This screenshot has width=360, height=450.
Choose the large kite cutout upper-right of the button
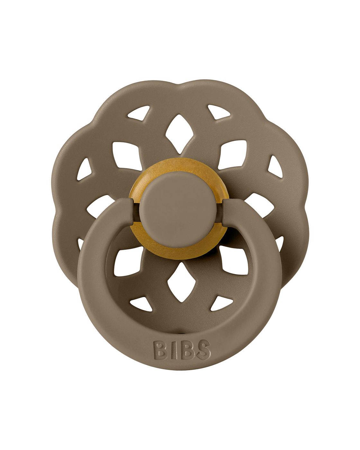coord(233,156)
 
